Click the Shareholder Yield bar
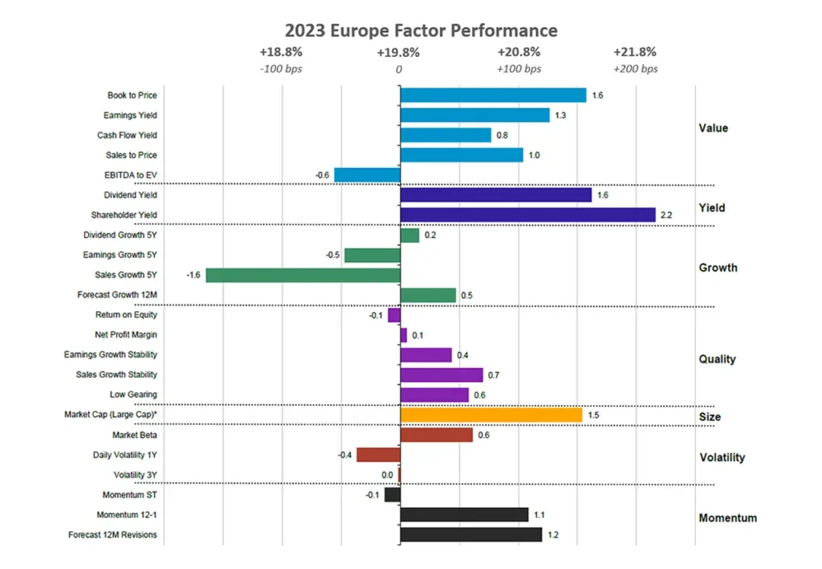pos(527,215)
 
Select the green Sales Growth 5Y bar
pos(303,275)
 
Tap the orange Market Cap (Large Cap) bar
pos(490,415)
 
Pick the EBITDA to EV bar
pos(367,175)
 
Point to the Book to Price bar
pos(493,95)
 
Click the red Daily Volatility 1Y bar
pos(378,455)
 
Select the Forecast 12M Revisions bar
pos(470,534)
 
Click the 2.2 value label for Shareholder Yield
pos(665,215)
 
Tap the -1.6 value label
pos(193,275)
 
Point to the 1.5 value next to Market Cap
pos(593,415)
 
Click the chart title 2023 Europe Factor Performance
pos(410,31)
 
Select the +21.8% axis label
pos(635,52)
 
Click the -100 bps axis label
pos(281,68)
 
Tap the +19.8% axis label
pos(398,52)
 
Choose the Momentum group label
pos(727,518)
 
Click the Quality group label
pos(717,359)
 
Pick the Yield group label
pos(711,207)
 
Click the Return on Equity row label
pos(128,315)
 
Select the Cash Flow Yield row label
pos(127,135)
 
